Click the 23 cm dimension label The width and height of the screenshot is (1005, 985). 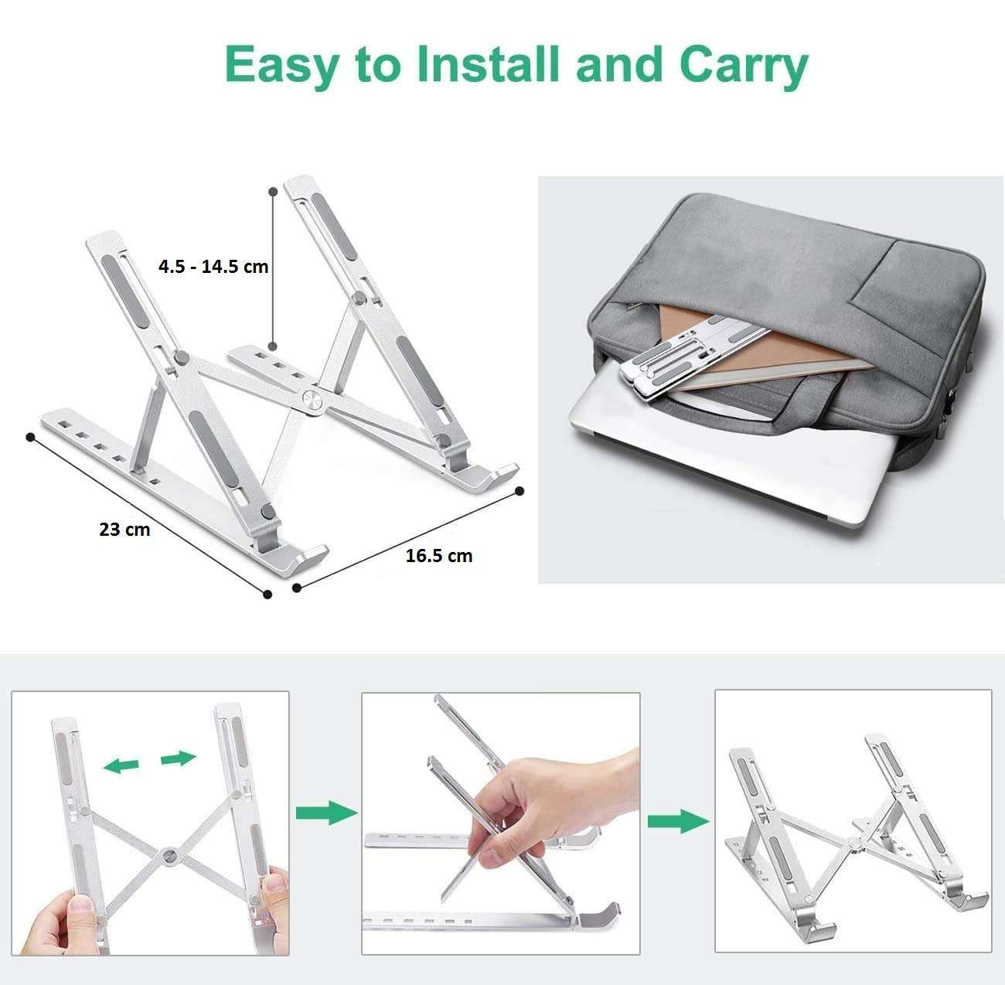click(x=124, y=530)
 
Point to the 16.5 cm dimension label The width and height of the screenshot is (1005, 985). click(x=438, y=555)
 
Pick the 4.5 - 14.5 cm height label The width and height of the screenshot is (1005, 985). click(x=213, y=267)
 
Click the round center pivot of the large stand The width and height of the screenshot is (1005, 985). click(x=312, y=400)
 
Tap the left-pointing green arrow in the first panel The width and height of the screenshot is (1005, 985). click(x=121, y=765)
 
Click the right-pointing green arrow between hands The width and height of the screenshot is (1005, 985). click(x=179, y=758)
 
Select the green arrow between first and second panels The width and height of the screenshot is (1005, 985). click(x=326, y=813)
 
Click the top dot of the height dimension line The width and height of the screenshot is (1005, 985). click(x=272, y=190)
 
